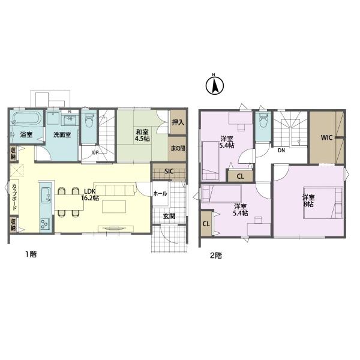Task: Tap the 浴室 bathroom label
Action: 26,134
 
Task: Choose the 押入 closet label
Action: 178,122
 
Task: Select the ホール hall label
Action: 160,194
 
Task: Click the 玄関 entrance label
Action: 169,217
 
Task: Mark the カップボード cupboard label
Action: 14,196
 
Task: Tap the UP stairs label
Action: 95,152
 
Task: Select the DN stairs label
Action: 281,151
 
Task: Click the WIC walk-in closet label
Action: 326,137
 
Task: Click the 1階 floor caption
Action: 29,254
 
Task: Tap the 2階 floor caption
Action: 215,254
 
